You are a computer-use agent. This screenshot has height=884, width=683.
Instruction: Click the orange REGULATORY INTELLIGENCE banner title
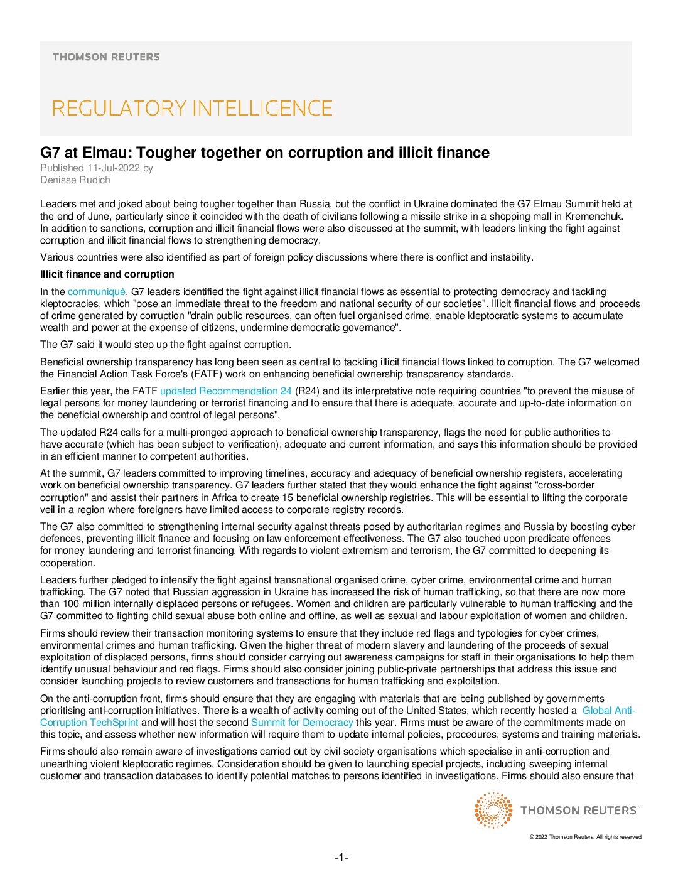192,109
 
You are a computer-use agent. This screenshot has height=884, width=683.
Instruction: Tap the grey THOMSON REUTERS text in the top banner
106,57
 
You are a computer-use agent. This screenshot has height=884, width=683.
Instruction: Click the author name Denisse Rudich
75,180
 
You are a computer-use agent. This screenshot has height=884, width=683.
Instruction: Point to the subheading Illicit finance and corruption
107,274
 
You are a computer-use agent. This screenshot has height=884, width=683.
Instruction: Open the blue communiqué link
97,292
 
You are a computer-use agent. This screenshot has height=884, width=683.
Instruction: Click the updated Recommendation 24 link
226,391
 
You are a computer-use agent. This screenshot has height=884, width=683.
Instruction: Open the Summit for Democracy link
302,723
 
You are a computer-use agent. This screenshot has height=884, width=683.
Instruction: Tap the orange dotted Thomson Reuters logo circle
493,810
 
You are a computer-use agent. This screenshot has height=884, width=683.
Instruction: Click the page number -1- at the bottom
341,858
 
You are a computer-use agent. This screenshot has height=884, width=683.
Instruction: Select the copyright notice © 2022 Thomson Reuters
586,837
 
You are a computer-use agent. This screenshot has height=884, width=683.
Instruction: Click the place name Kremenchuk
594,217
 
